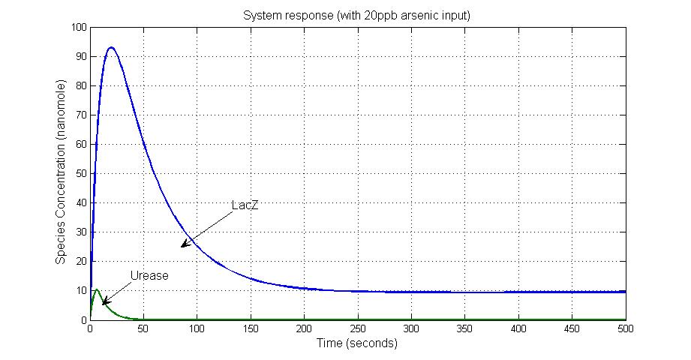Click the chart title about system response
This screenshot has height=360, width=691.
pos(356,15)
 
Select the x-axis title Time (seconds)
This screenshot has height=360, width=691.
pos(356,343)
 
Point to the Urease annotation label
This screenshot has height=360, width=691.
pos(149,275)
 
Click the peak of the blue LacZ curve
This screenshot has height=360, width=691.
pos(111,47)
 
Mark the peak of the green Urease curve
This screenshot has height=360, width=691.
pos(97,289)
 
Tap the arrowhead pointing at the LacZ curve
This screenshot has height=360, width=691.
pos(182,245)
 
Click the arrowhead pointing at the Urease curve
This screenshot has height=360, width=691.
pos(104,303)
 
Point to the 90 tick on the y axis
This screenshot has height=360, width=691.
pos(78,56)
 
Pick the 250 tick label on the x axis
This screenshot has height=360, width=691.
pos(358,328)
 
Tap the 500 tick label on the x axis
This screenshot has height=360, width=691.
pos(625,328)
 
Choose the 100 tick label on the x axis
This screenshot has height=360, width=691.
pos(197,328)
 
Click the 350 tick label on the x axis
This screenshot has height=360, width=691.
pos(464,328)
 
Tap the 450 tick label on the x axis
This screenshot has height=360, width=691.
pos(572,328)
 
